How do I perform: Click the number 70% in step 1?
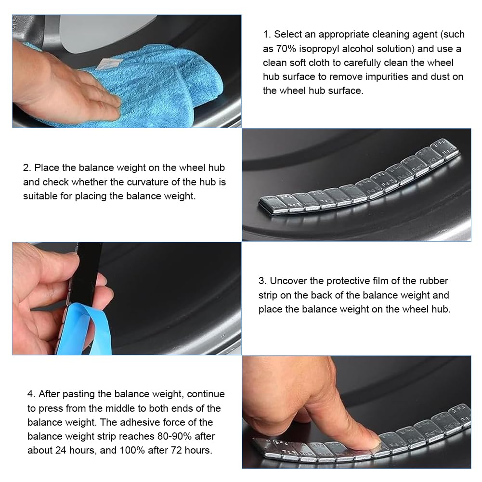pos(286,49)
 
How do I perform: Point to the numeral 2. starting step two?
pos(27,168)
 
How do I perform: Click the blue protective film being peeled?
pos(83,329)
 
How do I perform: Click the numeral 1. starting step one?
pos(267,35)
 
